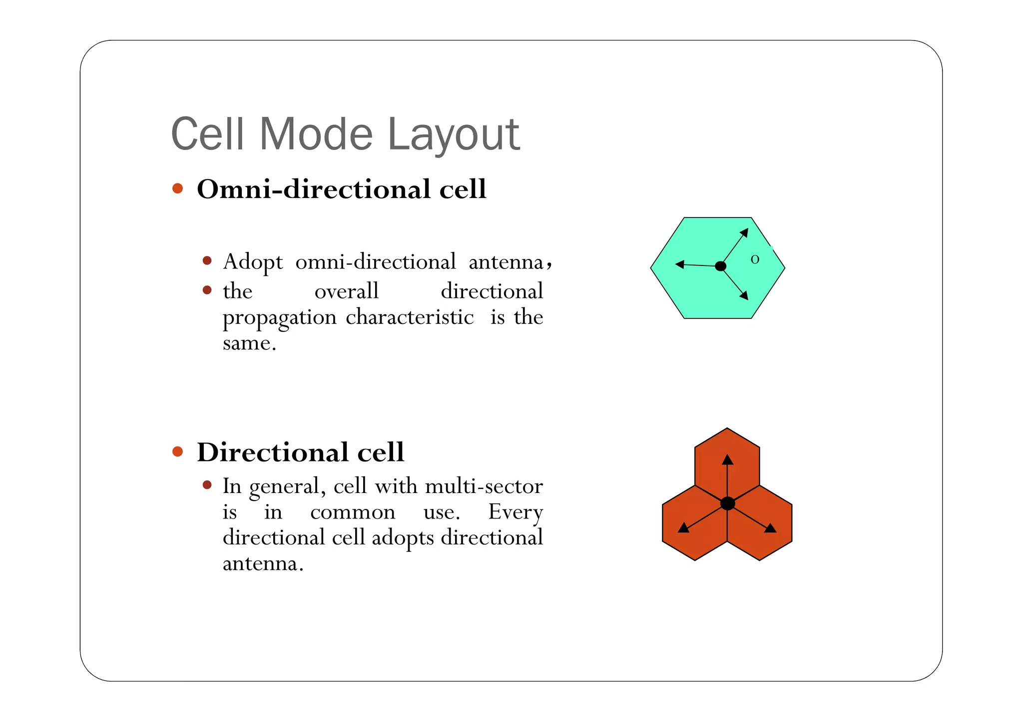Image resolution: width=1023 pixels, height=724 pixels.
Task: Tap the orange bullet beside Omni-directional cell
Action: tap(177, 188)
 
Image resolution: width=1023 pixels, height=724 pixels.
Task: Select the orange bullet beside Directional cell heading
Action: tap(177, 451)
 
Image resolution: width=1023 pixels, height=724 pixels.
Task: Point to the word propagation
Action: tap(279, 318)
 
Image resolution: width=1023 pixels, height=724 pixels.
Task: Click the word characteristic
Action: tap(410, 317)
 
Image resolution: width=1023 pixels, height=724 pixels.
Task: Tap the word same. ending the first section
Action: tap(249, 343)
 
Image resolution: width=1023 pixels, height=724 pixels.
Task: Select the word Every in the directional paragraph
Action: tap(515, 512)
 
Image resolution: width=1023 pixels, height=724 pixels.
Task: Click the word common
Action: tap(353, 512)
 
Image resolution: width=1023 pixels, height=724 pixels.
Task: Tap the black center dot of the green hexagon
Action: tap(720, 266)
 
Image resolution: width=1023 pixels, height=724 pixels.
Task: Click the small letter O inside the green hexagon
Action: tap(755, 259)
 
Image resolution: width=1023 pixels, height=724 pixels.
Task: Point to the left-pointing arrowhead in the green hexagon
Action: tap(680, 264)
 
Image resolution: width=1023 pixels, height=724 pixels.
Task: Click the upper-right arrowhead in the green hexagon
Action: tap(744, 232)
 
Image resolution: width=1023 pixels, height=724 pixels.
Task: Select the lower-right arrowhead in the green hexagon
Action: tap(744, 295)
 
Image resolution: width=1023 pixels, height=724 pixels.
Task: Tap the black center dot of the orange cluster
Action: tap(727, 503)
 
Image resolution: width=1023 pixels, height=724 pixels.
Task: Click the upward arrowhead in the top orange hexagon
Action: tap(727, 460)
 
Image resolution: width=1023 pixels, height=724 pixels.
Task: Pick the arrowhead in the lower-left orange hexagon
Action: tap(683, 527)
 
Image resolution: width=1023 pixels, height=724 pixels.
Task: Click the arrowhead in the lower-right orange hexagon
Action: tap(770, 528)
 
